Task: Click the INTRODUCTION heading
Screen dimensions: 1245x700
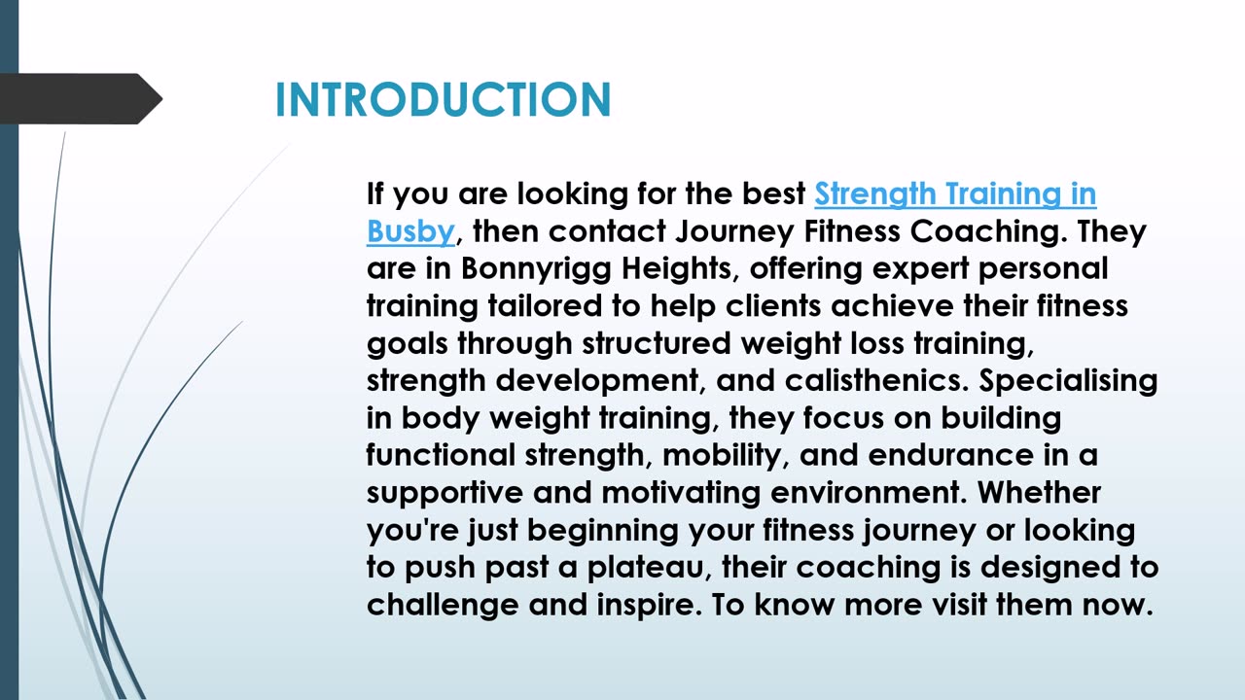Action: coord(443,99)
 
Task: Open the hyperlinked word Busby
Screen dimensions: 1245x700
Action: coord(410,231)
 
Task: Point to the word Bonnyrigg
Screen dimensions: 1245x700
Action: coord(536,269)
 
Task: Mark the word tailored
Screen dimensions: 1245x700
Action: coord(545,305)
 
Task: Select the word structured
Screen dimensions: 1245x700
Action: coord(657,343)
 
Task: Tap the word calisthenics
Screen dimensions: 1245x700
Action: coord(876,380)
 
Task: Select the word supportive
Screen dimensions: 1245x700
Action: coord(445,493)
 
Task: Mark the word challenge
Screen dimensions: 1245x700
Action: coord(443,605)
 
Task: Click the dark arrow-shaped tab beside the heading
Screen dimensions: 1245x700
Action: coord(81,99)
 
